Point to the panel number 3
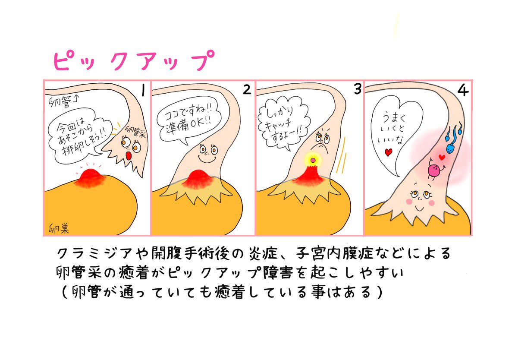coord(357,89)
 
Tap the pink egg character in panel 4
coord(434,170)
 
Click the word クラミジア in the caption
coord(85,253)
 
